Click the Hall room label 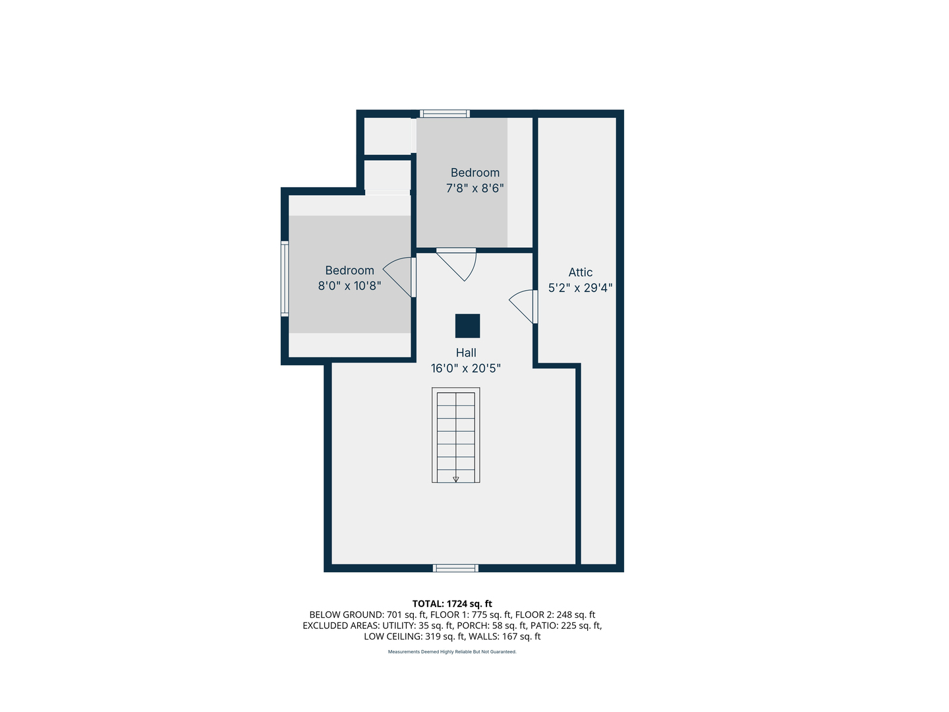466,353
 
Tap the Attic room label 580,272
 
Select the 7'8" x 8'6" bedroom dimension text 474,189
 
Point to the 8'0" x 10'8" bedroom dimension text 349,286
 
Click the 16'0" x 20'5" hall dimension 466,369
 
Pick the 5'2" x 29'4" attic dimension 580,288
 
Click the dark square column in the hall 467,326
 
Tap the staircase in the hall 455,435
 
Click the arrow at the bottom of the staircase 455,479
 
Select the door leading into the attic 525,307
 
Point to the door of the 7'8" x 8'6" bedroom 459,263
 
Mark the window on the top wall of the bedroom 445,113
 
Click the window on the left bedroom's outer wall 285,278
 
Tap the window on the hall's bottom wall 455,568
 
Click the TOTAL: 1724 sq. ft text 452,604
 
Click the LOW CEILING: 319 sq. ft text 414,637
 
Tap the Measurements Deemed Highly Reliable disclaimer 452,652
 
